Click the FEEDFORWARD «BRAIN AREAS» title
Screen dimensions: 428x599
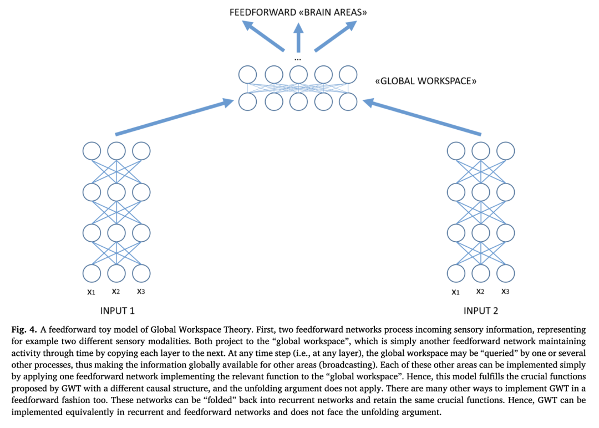tap(299, 12)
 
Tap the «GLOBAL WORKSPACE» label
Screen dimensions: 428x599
tap(426, 81)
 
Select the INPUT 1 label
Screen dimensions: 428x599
tap(117, 310)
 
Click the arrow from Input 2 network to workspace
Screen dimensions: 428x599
tap(421, 118)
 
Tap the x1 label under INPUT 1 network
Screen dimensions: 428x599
tap(92, 292)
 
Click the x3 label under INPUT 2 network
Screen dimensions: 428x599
tap(505, 292)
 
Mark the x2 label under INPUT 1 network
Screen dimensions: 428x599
tap(116, 291)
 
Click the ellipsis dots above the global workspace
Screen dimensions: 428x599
tap(298, 59)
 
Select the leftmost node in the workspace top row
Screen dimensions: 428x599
tap(247, 74)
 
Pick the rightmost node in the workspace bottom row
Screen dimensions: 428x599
tap(348, 101)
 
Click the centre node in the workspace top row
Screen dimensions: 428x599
tap(298, 74)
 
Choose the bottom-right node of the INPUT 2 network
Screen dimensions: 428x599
tap(505, 273)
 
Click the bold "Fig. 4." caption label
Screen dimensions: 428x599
tap(24, 329)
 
